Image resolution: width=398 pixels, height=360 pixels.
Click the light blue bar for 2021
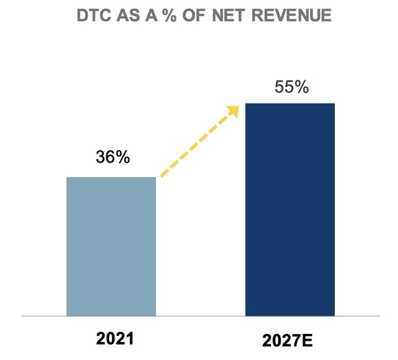(x=111, y=247)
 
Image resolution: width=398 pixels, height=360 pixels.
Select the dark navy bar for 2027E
(x=290, y=210)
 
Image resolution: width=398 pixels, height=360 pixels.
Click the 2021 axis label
(x=112, y=339)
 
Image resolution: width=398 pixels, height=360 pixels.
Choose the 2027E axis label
(x=291, y=340)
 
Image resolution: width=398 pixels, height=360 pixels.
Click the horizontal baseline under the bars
(x=199, y=317)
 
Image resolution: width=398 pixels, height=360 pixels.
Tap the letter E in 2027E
(x=313, y=340)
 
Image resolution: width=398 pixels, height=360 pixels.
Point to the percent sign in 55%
(x=301, y=88)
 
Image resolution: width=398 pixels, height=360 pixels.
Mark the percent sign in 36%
(x=122, y=156)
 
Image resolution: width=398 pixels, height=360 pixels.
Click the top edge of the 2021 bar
(x=111, y=178)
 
